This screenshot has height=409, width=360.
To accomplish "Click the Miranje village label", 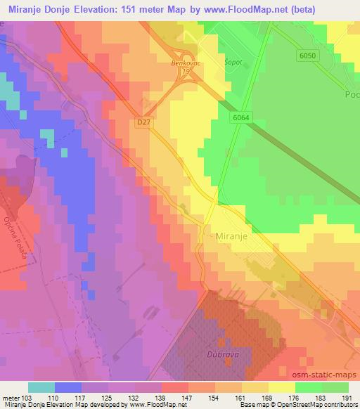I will pyautogui.click(x=233, y=238).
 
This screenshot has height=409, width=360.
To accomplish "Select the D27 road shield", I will pyautogui.click(x=143, y=122).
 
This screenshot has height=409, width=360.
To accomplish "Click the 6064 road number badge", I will pyautogui.click(x=240, y=119).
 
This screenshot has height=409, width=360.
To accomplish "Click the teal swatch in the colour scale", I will pyautogui.click(x=41, y=387).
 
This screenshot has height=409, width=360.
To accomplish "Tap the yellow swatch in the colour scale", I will pyautogui.click(x=281, y=387).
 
